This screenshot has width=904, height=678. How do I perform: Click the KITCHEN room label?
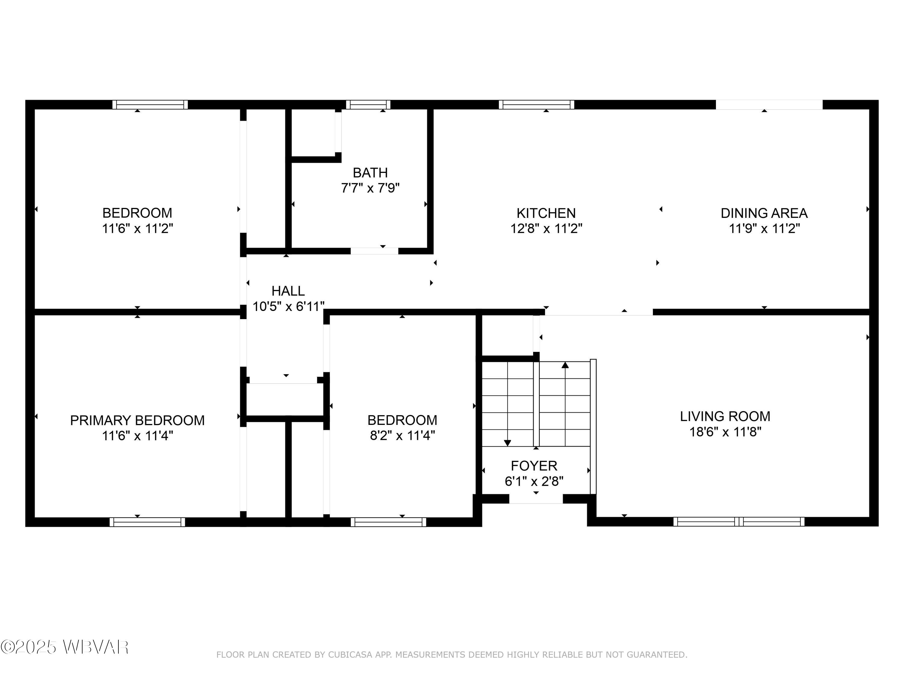point(546,213)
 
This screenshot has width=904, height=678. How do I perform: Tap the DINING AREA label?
point(764,213)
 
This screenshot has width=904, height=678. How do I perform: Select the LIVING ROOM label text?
point(725,416)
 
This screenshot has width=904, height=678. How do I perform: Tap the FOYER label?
point(534,466)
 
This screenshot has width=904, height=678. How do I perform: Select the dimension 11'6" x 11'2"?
point(137,228)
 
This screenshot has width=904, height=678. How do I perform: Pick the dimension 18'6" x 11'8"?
point(725,432)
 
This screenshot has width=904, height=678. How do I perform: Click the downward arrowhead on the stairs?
point(507,443)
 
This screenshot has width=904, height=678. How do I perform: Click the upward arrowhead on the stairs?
point(565,365)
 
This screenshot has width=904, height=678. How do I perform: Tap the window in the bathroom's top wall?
point(368,105)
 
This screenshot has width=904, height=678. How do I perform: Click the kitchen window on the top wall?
point(536,105)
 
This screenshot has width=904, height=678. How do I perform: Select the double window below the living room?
point(739,522)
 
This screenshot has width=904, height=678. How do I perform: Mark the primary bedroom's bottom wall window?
point(147,522)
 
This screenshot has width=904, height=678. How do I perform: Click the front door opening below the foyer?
point(536,499)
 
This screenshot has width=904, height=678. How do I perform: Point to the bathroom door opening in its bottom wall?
point(374,251)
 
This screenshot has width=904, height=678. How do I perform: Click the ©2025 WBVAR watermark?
point(64,647)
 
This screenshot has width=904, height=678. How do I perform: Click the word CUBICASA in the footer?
point(350,655)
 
